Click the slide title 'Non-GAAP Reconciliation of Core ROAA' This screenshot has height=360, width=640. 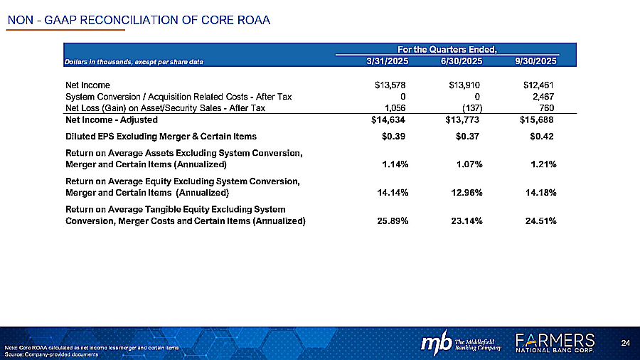pos(139,19)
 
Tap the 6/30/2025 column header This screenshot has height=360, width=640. pos(462,62)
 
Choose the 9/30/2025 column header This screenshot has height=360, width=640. pos(535,62)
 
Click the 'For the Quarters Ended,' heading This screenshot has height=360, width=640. pos(447,49)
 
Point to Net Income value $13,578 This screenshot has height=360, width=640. pos(390,85)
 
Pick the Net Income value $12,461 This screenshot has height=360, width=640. pos(538,85)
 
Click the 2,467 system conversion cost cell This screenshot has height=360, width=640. pos(543,97)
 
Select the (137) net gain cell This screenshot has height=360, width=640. pos(471,108)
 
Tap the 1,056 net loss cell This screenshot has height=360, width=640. pos(395,108)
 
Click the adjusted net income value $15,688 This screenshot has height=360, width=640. pos(538,120)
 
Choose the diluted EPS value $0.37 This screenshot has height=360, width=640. pos(469,135)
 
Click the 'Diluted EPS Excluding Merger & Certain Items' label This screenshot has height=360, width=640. pos(161,135)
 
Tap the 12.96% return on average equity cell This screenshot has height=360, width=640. pos(466,193)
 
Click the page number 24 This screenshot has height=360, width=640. pos(626,344)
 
